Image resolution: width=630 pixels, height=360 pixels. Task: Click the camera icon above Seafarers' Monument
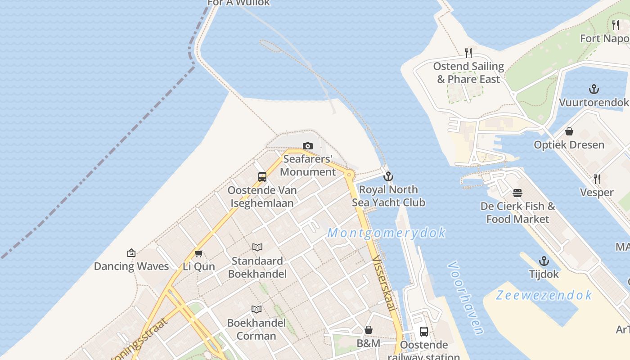click(308, 146)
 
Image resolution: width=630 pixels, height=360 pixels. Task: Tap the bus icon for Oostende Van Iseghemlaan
click(262, 177)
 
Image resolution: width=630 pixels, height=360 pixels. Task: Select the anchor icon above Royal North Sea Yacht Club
click(388, 176)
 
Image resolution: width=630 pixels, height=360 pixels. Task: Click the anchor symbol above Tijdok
click(544, 261)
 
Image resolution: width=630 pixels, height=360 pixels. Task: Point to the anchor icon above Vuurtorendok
click(594, 89)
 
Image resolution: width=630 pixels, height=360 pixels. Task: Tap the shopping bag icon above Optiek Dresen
click(569, 131)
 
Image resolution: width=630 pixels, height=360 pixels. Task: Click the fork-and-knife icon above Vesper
click(597, 179)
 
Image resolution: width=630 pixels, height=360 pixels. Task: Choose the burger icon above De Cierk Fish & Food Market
click(517, 193)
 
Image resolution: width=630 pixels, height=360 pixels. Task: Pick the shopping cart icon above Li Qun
click(199, 253)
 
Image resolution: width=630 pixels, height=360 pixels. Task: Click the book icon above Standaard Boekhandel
click(257, 247)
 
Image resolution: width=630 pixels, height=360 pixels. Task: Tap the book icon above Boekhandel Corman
click(256, 309)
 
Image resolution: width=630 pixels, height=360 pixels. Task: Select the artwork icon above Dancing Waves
click(131, 253)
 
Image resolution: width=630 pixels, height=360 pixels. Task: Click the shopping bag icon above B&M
click(369, 330)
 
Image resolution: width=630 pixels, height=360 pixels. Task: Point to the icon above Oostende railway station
click(424, 332)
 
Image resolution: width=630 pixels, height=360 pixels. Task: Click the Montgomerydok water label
click(387, 233)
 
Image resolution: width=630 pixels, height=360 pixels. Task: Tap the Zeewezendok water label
click(544, 295)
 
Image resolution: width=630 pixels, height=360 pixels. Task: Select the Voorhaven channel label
click(466, 298)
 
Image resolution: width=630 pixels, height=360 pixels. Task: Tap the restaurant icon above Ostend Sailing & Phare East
click(468, 53)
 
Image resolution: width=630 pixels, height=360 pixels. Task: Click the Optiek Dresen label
click(569, 145)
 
